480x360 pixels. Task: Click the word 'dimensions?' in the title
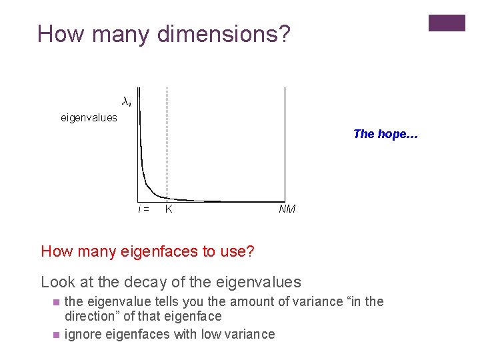pyautogui.click(x=223, y=34)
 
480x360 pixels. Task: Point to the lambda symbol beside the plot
pyautogui.click(x=126, y=102)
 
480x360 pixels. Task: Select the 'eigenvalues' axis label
pyautogui.click(x=89, y=118)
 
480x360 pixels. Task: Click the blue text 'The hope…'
pyautogui.click(x=385, y=134)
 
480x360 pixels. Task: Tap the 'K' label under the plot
pyautogui.click(x=169, y=209)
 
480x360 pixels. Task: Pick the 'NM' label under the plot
pyautogui.click(x=287, y=209)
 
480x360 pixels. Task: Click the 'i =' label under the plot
pyautogui.click(x=143, y=209)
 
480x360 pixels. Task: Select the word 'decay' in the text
pyautogui.click(x=182, y=283)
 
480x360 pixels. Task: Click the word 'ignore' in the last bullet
pyautogui.click(x=82, y=334)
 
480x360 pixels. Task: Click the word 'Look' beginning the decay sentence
pyautogui.click(x=58, y=283)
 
